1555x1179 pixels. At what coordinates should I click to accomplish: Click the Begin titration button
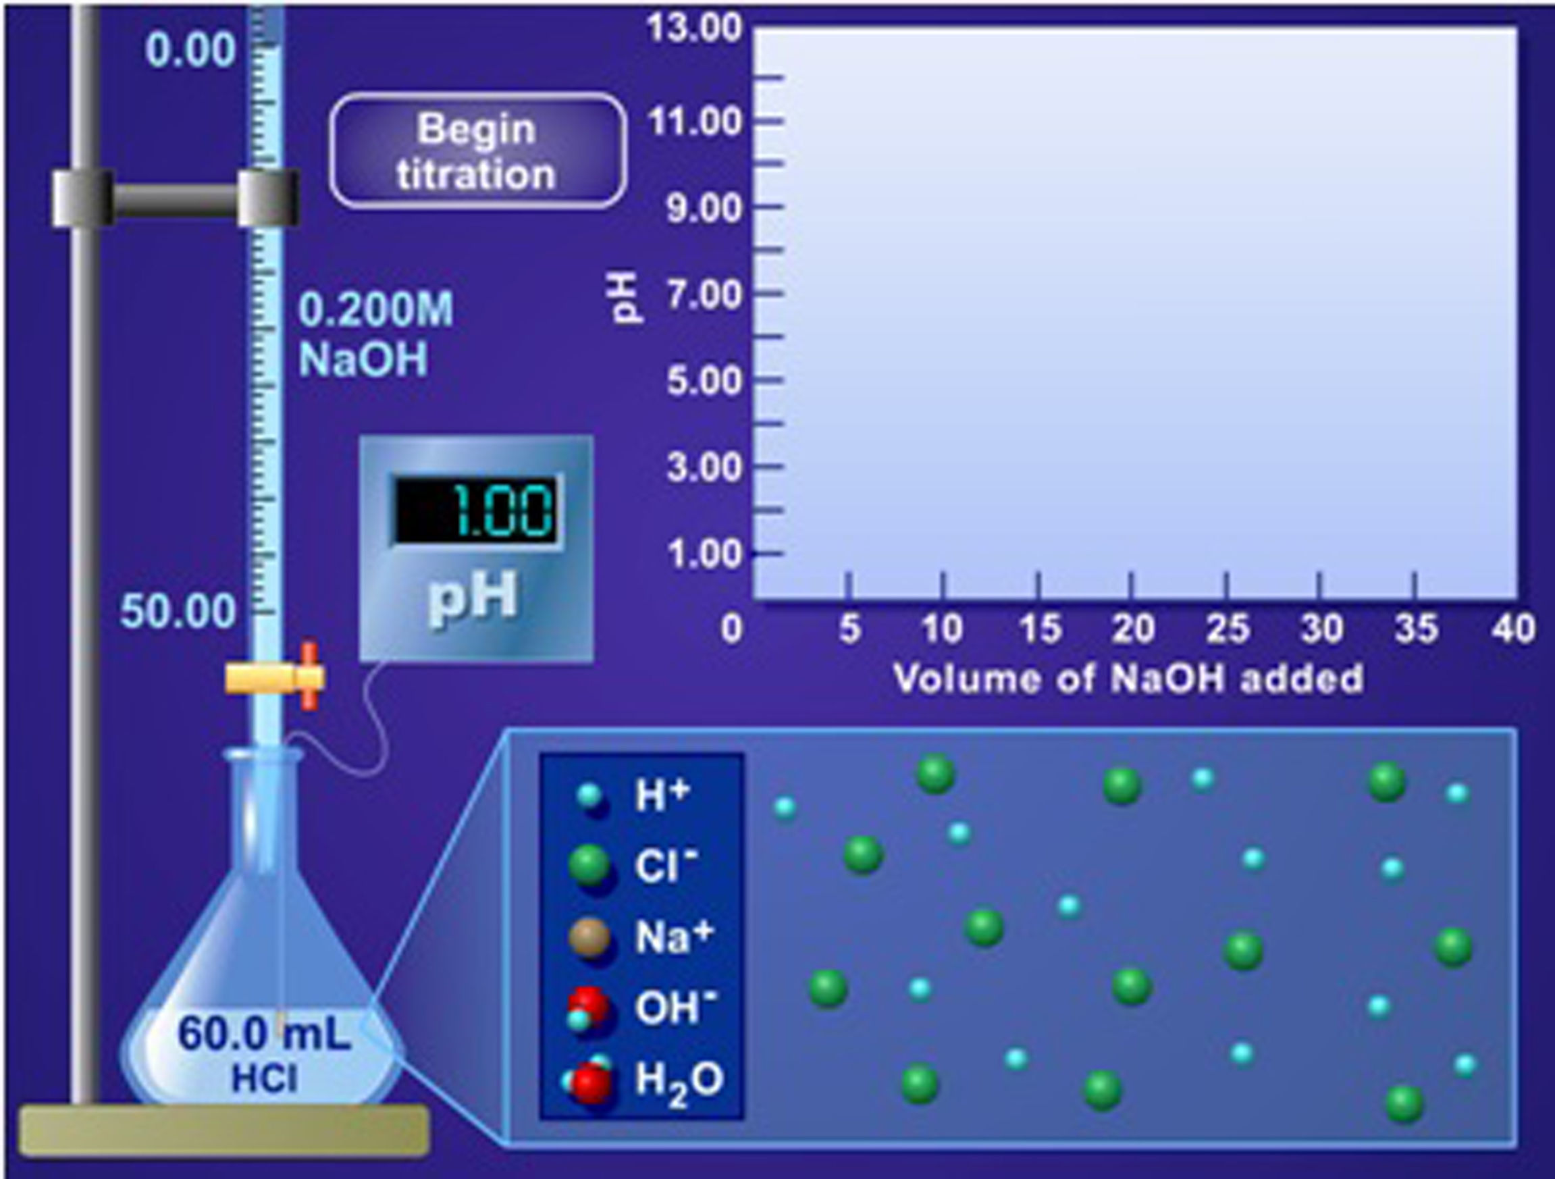pyautogui.click(x=477, y=151)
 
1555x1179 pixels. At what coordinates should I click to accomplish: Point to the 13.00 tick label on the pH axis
pyautogui.click(x=694, y=30)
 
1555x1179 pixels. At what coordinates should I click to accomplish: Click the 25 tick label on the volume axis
pyautogui.click(x=1228, y=628)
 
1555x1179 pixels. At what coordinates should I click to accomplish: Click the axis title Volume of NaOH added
pyautogui.click(x=1128, y=679)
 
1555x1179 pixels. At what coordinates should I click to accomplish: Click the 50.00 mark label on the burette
pyautogui.click(x=178, y=612)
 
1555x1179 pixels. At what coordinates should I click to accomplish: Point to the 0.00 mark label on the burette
pyautogui.click(x=190, y=51)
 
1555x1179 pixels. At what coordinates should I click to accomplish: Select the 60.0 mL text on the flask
pyautogui.click(x=264, y=1032)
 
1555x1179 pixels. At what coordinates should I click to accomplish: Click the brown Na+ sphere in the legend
pyautogui.click(x=589, y=937)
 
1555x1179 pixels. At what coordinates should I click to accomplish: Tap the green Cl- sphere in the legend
pyautogui.click(x=589, y=866)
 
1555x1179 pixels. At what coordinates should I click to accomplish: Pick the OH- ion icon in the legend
pyautogui.click(x=587, y=1008)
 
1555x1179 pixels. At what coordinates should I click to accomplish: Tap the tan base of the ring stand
pyautogui.click(x=223, y=1130)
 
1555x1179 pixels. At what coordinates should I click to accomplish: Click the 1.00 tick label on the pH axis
pyautogui.click(x=704, y=554)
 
